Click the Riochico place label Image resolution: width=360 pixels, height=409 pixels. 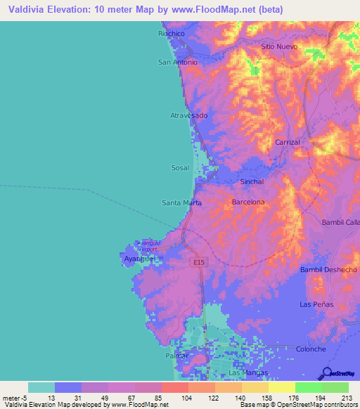click(171, 33)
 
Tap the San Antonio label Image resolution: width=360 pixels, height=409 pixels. click(177, 62)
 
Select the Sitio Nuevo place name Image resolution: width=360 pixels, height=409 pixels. click(279, 46)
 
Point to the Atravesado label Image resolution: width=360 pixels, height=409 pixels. click(189, 115)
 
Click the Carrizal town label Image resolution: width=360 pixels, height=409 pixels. click(288, 142)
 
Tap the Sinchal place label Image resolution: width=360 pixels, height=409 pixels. click(252, 181)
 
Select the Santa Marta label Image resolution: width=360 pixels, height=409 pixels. click(181, 202)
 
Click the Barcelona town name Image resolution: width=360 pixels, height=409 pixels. click(248, 202)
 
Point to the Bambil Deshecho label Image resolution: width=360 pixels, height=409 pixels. click(328, 269)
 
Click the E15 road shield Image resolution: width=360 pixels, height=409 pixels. click(200, 262)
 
